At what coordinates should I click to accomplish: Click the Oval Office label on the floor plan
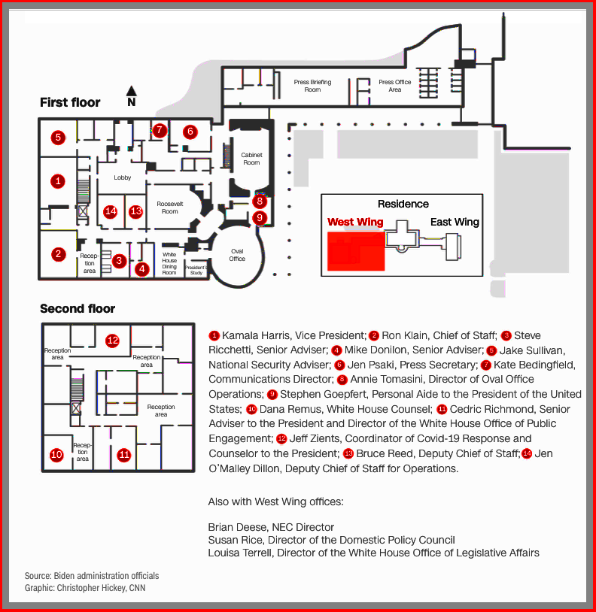click(237, 255)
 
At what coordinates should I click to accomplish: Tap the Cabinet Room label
click(251, 159)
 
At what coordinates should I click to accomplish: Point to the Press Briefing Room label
click(312, 86)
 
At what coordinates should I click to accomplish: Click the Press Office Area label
click(395, 86)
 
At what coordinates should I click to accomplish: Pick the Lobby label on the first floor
click(123, 177)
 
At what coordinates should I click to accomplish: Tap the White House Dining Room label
click(169, 263)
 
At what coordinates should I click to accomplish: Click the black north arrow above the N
click(131, 90)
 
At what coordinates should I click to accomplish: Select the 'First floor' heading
click(70, 102)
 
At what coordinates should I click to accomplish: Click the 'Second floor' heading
click(78, 308)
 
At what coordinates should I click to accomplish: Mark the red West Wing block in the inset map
click(355, 250)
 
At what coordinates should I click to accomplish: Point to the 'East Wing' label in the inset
click(455, 222)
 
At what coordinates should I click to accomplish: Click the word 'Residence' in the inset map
click(403, 204)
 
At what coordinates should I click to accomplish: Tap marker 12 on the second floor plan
click(113, 340)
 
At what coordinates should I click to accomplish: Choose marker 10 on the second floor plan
click(56, 454)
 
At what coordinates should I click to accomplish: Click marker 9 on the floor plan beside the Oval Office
click(260, 218)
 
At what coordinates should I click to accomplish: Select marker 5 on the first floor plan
click(57, 137)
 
